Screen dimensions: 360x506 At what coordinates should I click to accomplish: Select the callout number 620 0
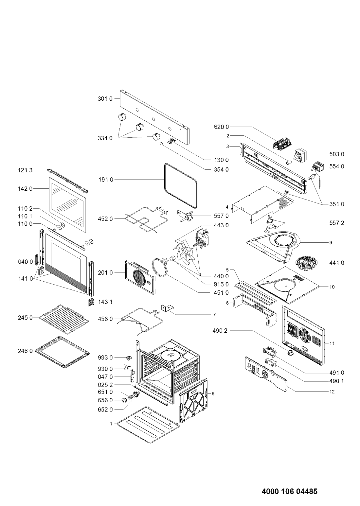(x=221, y=127)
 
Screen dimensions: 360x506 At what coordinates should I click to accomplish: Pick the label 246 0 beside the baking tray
(x=25, y=351)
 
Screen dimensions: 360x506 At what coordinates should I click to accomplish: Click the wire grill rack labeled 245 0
(x=64, y=319)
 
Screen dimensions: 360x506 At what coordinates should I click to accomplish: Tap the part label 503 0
(x=337, y=154)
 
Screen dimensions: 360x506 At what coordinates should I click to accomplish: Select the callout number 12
(x=332, y=392)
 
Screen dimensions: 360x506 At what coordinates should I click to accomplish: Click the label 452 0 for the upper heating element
(x=105, y=219)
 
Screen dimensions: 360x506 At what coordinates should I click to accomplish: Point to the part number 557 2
(x=337, y=223)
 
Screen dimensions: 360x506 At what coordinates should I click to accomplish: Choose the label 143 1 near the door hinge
(x=105, y=302)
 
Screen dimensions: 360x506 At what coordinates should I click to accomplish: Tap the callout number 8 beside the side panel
(x=213, y=394)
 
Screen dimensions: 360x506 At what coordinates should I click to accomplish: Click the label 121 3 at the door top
(x=25, y=170)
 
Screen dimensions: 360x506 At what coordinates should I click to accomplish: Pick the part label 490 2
(x=220, y=331)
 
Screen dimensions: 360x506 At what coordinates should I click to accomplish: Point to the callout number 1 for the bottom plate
(x=111, y=424)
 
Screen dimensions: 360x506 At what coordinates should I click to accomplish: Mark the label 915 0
(x=221, y=284)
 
